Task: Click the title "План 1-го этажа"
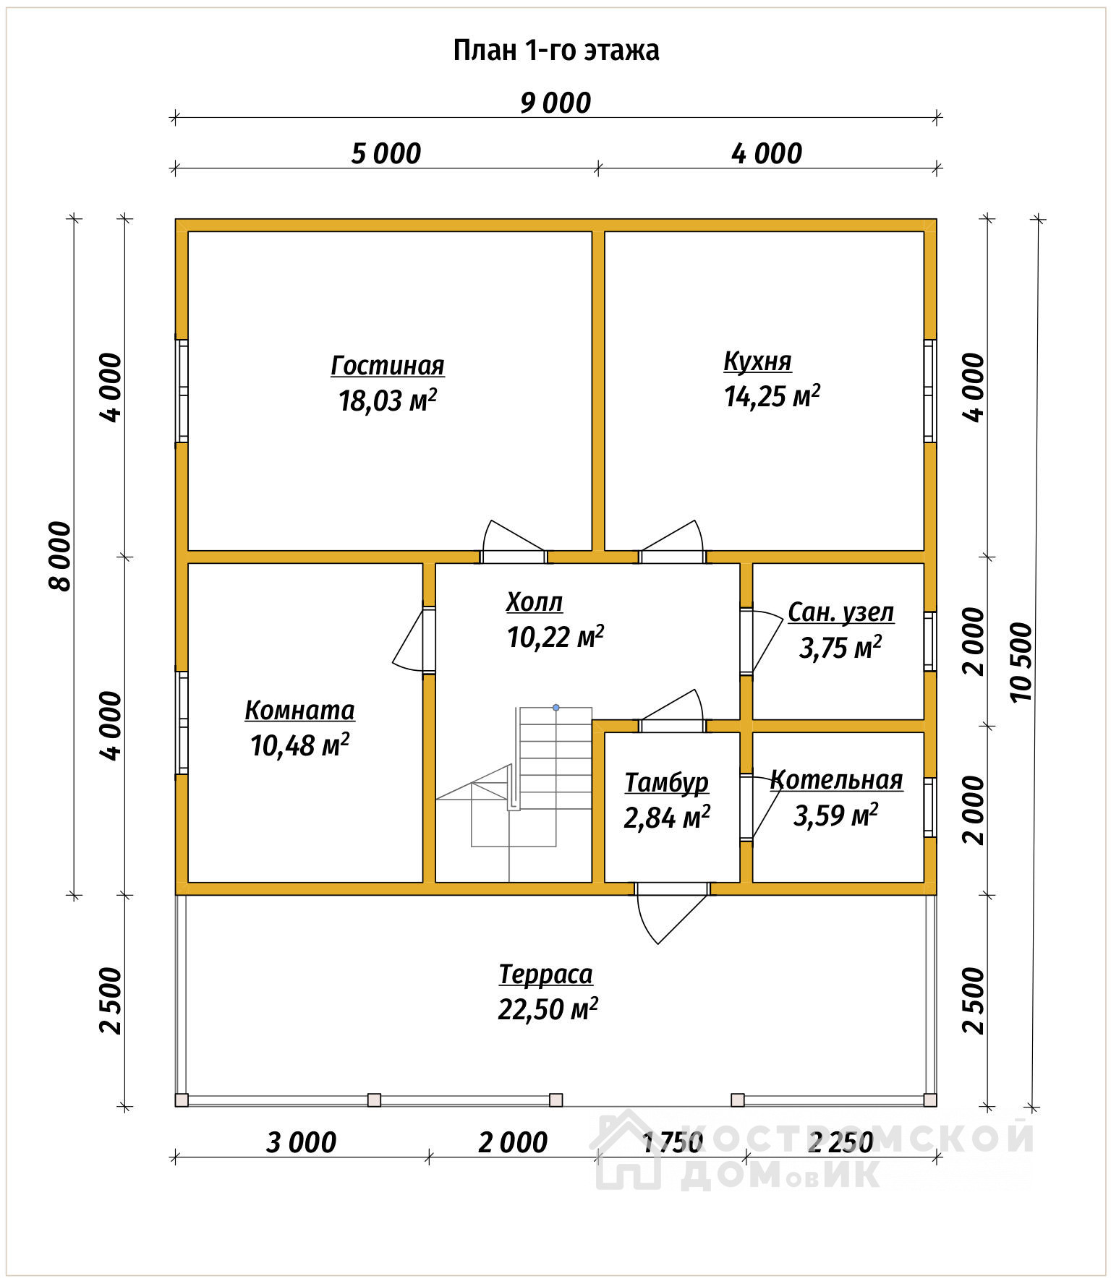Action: point(555,51)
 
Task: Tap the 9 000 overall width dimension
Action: point(555,103)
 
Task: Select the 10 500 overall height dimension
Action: point(1021,661)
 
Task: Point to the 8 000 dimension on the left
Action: point(61,556)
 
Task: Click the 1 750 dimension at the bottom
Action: point(673,1142)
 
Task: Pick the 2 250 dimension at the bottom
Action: point(840,1142)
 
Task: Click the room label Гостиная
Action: point(388,366)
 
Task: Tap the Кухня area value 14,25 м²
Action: point(772,396)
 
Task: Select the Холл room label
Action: point(535,601)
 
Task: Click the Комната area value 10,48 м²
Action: point(299,745)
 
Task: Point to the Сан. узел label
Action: point(840,612)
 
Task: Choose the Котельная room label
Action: point(836,780)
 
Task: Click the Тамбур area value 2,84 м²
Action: point(667,818)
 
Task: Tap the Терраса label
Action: point(545,974)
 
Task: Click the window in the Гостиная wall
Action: point(182,390)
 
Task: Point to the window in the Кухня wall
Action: point(930,390)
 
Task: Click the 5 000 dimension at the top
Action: point(386,154)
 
